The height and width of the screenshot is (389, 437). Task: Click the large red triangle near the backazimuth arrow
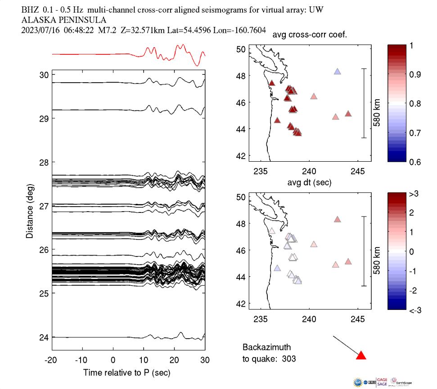[x=361, y=356]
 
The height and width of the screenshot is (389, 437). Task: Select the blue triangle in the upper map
[x=338, y=71]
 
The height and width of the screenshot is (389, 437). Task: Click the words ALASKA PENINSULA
[x=64, y=20]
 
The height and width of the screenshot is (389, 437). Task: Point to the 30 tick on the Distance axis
[x=44, y=74]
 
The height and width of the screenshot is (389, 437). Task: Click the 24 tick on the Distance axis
[x=44, y=337]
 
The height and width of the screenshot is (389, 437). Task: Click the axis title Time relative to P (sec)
[x=126, y=373]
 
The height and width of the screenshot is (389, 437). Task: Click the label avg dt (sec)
[x=310, y=182]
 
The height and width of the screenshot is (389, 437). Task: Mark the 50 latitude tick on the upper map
[x=241, y=49]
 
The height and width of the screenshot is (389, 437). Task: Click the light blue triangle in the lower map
[x=277, y=268]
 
